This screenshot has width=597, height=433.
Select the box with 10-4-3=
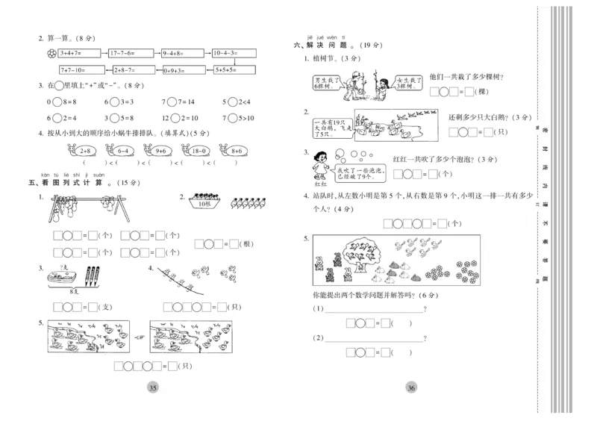(233, 54)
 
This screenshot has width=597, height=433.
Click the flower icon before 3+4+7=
(51, 54)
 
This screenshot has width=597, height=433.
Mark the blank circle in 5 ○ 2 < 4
(232, 102)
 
